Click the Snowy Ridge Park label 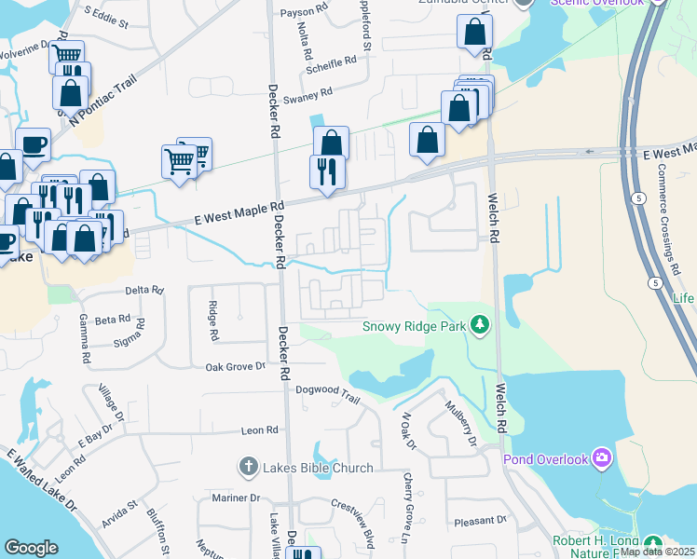[x=416, y=327]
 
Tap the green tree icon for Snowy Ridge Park [x=480, y=325]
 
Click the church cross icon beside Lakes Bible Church [x=248, y=466]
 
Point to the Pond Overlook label [x=546, y=459]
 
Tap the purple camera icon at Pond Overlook [x=602, y=457]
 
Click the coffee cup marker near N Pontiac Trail [x=34, y=144]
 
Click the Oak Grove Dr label [x=236, y=367]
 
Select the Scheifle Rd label [x=332, y=61]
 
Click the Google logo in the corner [x=31, y=548]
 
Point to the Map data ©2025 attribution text [x=657, y=552]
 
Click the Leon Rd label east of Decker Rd [x=260, y=430]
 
